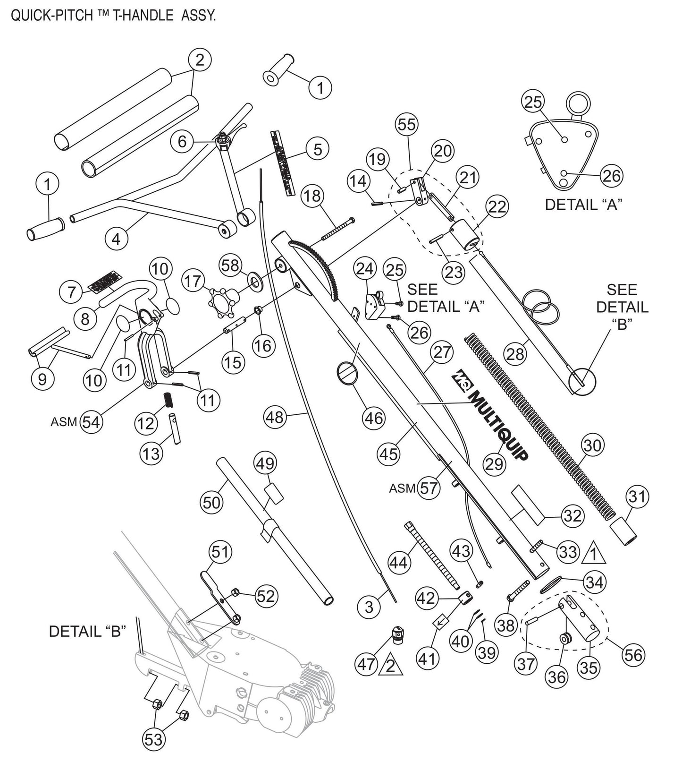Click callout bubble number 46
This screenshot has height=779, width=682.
[x=374, y=418]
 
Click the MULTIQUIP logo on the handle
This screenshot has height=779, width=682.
[x=491, y=420]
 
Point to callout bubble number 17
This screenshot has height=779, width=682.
[x=193, y=281]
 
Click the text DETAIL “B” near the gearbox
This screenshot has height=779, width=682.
[x=87, y=631]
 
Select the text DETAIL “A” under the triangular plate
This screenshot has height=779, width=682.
[x=584, y=205]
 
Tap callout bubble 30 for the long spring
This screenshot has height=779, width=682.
[x=593, y=445]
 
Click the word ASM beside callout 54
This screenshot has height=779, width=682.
[x=64, y=422]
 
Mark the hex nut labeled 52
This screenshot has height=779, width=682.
[x=236, y=592]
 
